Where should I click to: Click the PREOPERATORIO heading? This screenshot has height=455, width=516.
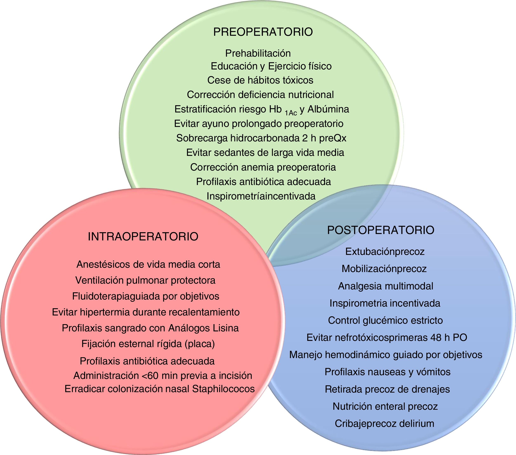(263, 32)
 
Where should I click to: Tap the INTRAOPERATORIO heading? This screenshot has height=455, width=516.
(143, 237)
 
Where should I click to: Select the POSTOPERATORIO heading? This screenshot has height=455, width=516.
(380, 230)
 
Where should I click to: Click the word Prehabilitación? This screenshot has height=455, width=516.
(258, 53)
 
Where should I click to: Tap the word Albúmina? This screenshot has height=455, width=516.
(328, 109)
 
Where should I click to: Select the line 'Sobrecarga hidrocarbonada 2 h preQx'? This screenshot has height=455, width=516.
(261, 138)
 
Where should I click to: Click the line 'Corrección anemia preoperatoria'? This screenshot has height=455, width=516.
(263, 167)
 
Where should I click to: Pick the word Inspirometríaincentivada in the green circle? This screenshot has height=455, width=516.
(261, 196)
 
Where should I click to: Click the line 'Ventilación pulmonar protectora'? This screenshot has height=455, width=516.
(145, 280)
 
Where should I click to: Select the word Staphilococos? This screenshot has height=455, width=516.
(223, 389)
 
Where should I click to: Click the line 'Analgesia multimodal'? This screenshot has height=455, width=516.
(385, 286)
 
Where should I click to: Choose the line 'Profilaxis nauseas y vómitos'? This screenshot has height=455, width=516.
(387, 372)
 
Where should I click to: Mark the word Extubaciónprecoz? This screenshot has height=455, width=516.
(385, 252)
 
